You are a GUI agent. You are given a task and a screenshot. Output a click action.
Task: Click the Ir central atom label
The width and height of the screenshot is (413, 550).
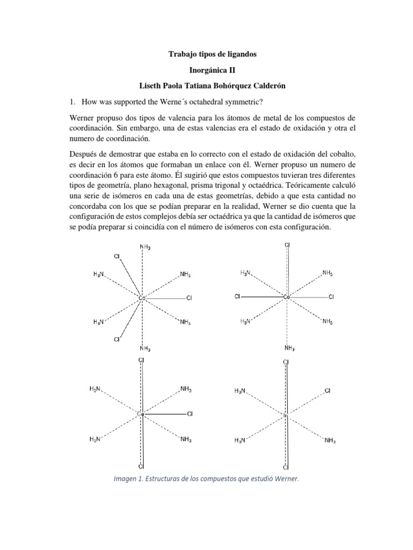click(x=286, y=415)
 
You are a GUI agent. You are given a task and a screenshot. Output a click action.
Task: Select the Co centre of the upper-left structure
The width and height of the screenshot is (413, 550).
click(x=142, y=297)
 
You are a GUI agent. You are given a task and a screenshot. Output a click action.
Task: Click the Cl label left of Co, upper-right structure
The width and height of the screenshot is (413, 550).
click(x=237, y=296)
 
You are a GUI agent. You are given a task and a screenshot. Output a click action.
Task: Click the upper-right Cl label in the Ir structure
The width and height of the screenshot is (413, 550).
click(x=328, y=391)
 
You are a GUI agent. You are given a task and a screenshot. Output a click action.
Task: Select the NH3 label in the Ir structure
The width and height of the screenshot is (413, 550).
click(x=330, y=441)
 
